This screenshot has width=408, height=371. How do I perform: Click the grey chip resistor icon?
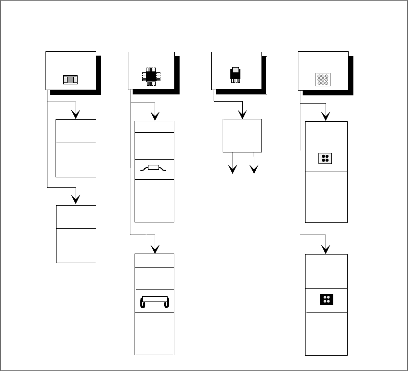pos(70,80)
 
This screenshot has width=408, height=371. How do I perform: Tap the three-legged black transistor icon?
pos(235,75)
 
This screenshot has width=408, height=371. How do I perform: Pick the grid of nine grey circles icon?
pos(323,79)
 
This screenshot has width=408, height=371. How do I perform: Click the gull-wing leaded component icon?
pos(154,168)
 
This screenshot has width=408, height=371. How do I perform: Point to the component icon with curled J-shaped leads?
pos(154,302)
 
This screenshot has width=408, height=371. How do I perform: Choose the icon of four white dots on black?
pos(326,300)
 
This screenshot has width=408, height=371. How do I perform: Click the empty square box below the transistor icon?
pos(242,135)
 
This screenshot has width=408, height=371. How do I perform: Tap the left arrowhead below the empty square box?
pos(232,170)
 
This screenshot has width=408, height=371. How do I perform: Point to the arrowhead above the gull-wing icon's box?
pos(155,116)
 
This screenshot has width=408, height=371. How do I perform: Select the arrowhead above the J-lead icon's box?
pos(155,249)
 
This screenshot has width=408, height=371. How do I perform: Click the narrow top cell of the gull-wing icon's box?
pos(154,127)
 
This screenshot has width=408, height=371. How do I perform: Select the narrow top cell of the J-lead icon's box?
pos(154,261)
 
